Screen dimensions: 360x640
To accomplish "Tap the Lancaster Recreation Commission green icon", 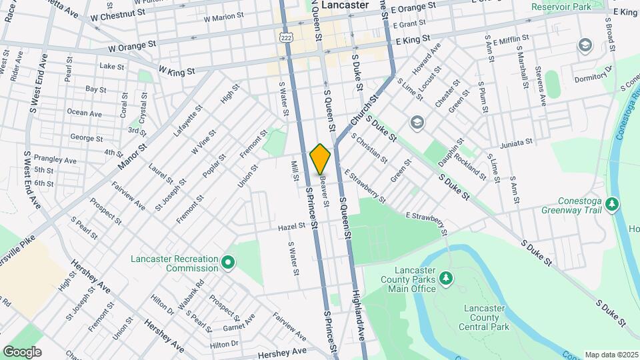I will tap(228, 263).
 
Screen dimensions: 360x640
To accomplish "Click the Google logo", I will tap(21, 352).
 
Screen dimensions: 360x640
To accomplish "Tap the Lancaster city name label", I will tap(345, 5).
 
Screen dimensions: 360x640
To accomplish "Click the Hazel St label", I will tap(292, 227).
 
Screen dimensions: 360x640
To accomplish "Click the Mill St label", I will tap(294, 171).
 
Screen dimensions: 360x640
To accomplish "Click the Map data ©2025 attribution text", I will tap(611, 355).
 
